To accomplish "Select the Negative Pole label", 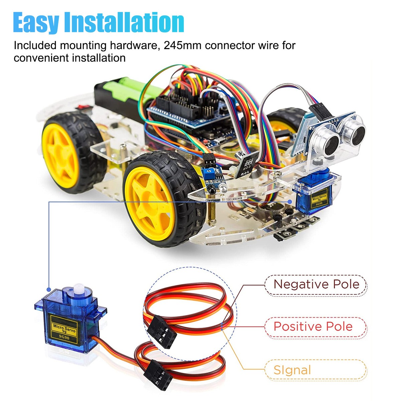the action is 316,285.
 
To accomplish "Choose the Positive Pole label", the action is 313,326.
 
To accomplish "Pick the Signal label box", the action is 316,370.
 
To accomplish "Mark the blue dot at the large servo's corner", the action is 49,289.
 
